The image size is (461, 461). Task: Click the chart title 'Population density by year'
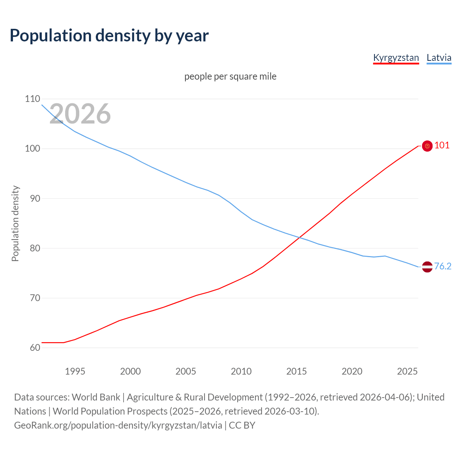[109, 35]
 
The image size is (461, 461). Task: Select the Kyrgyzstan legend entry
[396, 58]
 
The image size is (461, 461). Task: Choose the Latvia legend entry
[439, 58]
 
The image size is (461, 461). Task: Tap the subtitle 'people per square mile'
[230, 76]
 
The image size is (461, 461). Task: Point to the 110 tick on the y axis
[32, 99]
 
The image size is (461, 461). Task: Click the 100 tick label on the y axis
[32, 148]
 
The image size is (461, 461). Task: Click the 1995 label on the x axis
[75, 371]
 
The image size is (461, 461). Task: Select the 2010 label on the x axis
[241, 371]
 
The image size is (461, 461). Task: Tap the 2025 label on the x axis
[407, 371]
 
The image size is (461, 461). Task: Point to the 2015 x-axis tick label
[296, 371]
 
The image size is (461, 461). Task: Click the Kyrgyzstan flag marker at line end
[427, 146]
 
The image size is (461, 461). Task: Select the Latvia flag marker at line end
[427, 267]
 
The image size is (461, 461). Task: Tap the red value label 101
[442, 145]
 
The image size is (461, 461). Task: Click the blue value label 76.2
[443, 266]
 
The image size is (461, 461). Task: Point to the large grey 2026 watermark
[80, 114]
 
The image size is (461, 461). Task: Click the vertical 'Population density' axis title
[15, 223]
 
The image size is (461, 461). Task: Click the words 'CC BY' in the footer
[242, 425]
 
